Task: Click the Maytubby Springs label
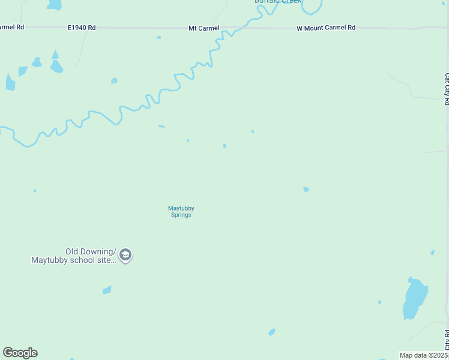coord(181,212)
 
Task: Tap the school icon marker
coord(125,256)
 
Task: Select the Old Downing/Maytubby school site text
coord(73,256)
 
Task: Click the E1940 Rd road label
coord(82,28)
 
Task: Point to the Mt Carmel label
coord(204,28)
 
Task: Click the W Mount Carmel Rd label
coord(326,28)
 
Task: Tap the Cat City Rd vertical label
coord(447,89)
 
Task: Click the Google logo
coord(20,353)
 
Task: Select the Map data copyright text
coord(424,355)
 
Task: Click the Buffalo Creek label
coord(277,2)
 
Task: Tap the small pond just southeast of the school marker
coord(107,290)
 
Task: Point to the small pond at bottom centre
coord(272,332)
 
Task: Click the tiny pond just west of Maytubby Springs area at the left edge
coord(35,191)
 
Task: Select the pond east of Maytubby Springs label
coord(306,189)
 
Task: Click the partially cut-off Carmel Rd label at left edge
coord(12,27)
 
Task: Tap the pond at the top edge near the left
coord(55,4)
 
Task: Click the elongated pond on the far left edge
coord(10,82)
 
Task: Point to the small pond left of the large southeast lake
coord(379,302)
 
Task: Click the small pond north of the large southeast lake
coord(432,253)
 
